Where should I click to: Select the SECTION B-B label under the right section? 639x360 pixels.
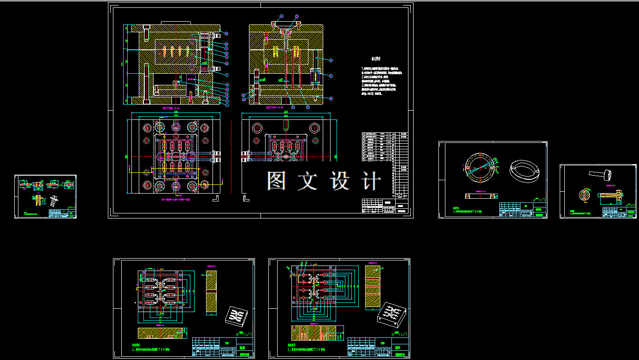pyautogui.click(x=276, y=108)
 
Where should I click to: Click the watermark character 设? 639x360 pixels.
pyautogui.click(x=340, y=181)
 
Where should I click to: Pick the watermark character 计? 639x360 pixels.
pyautogui.click(x=372, y=181)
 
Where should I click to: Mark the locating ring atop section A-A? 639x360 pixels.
pyautogui.click(x=176, y=23)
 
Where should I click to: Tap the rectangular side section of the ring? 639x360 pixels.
pyautogui.click(x=482, y=196)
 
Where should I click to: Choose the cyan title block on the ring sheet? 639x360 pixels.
pyautogui.click(x=522, y=210)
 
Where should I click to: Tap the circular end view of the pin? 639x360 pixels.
pyautogui.click(x=585, y=195)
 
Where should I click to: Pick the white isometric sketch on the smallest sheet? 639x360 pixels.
pyautogui.click(x=54, y=200)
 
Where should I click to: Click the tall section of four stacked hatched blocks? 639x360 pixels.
pyautogui.click(x=372, y=286)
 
